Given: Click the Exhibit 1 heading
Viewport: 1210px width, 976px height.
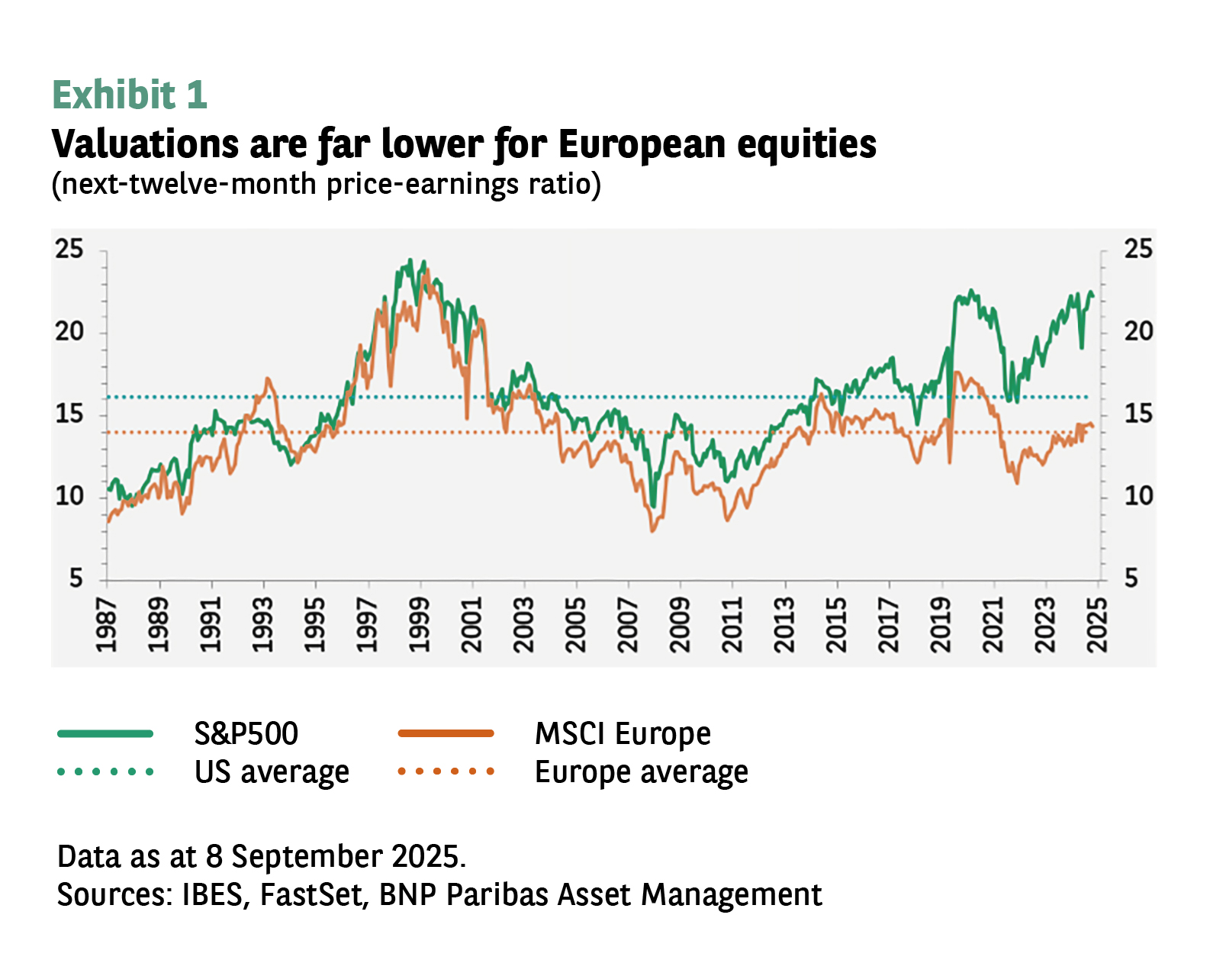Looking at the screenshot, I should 130,95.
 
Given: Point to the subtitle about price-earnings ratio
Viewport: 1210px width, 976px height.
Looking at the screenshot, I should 326,185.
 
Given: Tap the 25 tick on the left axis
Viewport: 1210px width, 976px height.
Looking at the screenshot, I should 69,250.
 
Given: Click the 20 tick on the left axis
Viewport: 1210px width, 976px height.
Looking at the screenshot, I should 69,332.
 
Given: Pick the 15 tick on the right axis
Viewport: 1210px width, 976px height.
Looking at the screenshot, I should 1138,414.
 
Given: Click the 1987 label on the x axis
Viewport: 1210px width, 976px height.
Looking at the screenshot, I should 107,625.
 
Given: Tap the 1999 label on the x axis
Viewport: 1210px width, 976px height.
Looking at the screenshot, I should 420,625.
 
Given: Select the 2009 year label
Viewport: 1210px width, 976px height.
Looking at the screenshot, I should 681,625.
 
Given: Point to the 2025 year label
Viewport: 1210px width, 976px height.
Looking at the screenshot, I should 1097,625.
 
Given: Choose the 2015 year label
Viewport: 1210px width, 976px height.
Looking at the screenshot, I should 837,625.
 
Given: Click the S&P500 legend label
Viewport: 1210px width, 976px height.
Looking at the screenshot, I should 246,734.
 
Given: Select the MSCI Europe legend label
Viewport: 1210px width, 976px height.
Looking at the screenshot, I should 623,734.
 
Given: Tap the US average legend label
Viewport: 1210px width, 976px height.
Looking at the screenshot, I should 272,772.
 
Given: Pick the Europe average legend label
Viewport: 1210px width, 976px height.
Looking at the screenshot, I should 642,772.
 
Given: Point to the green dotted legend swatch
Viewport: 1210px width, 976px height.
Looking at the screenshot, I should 106,772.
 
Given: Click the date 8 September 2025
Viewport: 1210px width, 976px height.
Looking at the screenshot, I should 336,857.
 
